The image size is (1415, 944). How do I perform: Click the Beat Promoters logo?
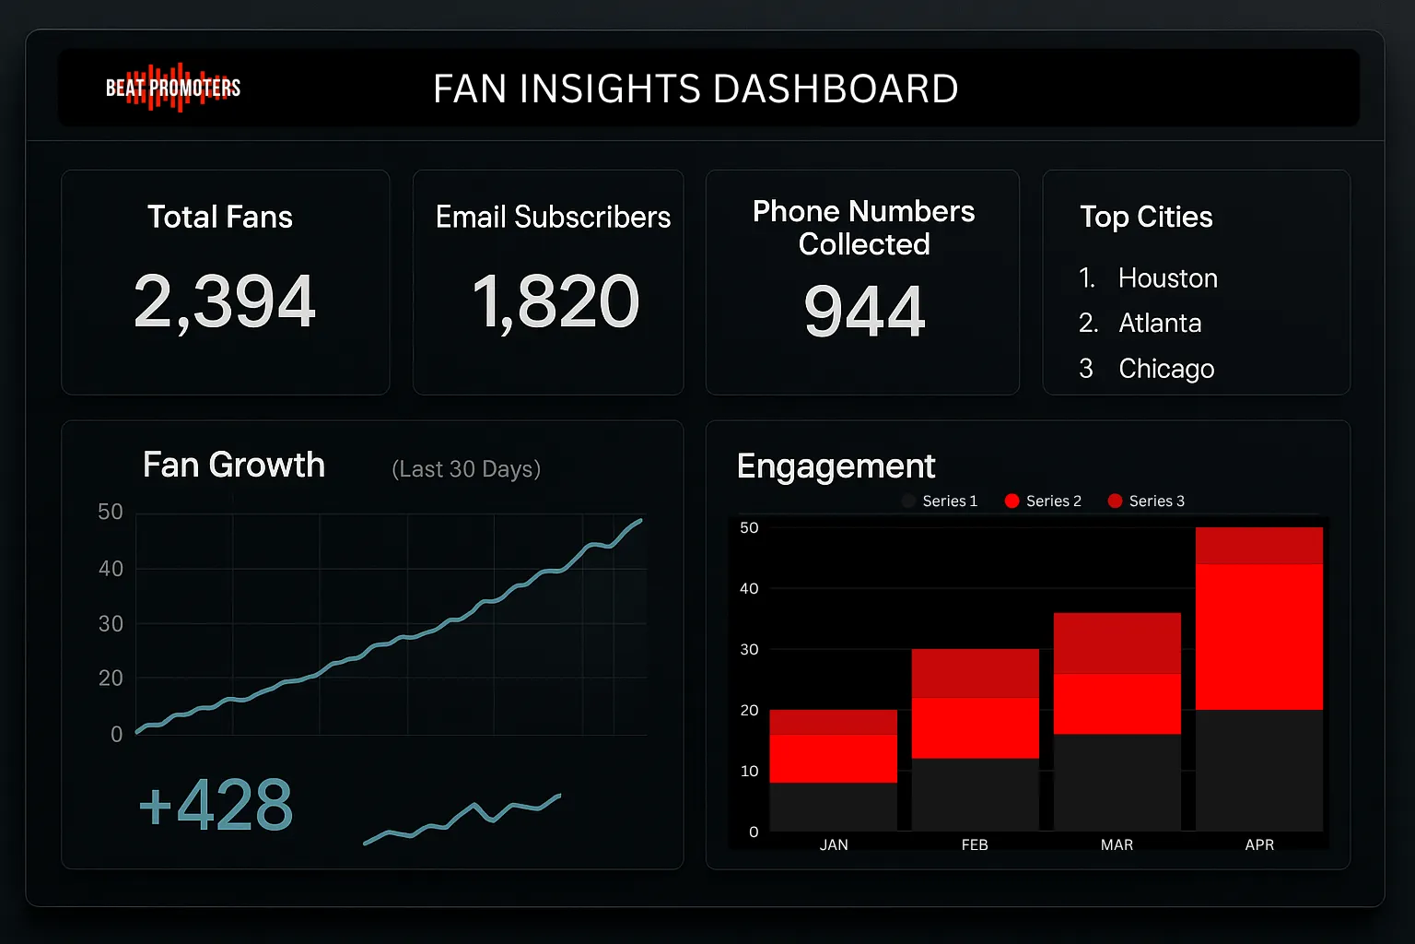click(x=173, y=88)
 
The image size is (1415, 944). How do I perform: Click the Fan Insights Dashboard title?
click(x=696, y=89)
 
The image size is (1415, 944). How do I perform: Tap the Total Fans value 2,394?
click(x=225, y=301)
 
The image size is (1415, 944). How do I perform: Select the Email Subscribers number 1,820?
click(x=555, y=301)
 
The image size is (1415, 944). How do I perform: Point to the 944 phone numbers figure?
click(x=864, y=312)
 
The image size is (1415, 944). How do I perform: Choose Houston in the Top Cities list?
click(x=1167, y=278)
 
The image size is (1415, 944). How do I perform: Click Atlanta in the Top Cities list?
click(x=1160, y=324)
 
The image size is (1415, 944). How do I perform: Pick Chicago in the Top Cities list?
click(x=1166, y=369)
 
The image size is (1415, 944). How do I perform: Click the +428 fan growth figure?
click(x=216, y=805)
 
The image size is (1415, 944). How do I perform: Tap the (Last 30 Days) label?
click(x=466, y=469)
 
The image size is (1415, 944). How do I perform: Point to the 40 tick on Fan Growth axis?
click(x=111, y=569)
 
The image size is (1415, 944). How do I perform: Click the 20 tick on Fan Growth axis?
click(x=111, y=678)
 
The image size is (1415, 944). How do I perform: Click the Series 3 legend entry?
click(x=1147, y=501)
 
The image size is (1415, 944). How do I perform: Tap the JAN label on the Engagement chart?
click(x=834, y=844)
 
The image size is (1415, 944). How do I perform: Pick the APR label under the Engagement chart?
click(x=1259, y=844)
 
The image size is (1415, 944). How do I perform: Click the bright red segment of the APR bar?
click(x=1259, y=636)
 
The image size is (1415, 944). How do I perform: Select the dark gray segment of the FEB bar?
click(x=975, y=794)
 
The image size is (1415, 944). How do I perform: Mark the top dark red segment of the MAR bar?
click(x=1117, y=643)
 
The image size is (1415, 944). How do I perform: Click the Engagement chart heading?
click(x=836, y=466)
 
